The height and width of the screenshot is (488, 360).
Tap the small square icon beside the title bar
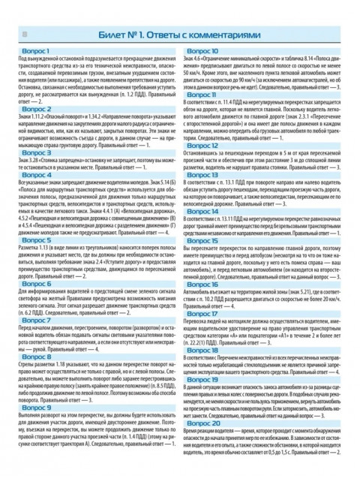[x=25, y=35]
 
